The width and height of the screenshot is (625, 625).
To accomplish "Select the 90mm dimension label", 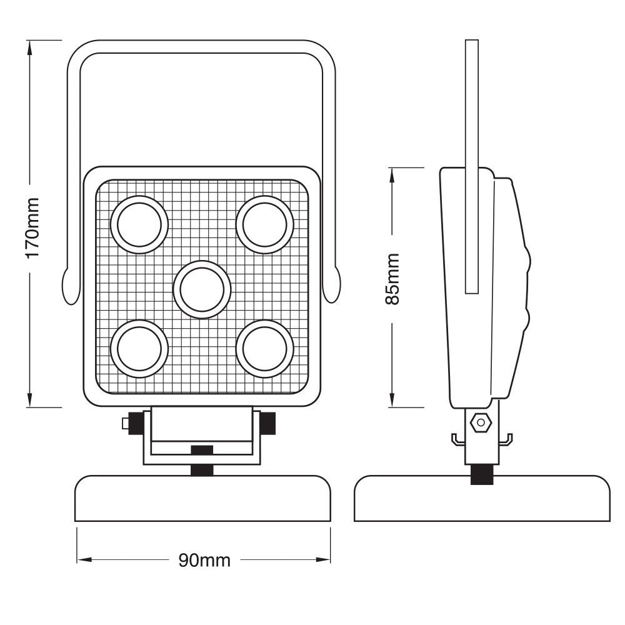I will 204,560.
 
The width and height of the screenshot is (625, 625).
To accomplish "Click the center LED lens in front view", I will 202,289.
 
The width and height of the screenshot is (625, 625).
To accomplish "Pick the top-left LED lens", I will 139,224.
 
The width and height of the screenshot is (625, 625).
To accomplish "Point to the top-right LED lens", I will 264,224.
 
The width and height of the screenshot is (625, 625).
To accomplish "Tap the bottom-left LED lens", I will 139,349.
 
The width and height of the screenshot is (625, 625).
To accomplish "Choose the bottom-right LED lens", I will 264,349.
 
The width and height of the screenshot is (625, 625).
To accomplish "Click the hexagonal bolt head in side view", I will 481,422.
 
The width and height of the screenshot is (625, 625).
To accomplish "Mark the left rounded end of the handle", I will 70,286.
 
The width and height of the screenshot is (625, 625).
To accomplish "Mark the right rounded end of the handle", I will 332,286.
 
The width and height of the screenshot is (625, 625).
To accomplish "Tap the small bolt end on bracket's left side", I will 126,424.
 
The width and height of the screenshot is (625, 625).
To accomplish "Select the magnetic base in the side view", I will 481,500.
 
